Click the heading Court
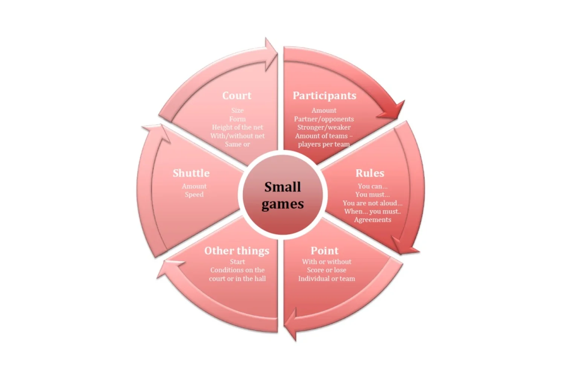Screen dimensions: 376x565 (237, 96)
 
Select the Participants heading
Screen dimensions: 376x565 (324, 96)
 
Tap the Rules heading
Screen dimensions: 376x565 (370, 173)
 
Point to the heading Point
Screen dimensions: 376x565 (324, 250)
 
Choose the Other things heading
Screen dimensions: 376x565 (237, 251)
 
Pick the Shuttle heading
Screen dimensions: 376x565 (191, 173)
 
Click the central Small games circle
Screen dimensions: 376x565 (282, 195)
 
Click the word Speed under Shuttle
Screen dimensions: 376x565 (194, 194)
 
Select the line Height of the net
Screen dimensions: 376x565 (237, 127)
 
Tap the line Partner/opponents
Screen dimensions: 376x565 (324, 119)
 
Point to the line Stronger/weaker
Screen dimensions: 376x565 (324, 127)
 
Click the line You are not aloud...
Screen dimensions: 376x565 (372, 203)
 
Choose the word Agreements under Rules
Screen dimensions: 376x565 (373, 220)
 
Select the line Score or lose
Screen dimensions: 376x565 (327, 270)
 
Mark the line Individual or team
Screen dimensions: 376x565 (327, 279)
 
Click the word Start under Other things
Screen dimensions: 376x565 (237, 262)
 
